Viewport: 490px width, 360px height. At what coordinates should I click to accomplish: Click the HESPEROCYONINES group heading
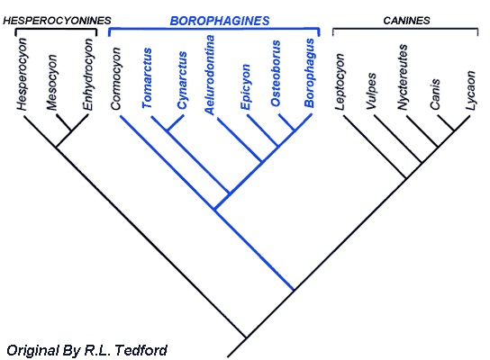point(57,21)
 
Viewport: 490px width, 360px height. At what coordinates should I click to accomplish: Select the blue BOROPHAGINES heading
point(220,21)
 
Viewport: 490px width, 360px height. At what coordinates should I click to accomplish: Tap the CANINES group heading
point(406,21)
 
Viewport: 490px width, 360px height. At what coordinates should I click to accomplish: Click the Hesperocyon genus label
point(22,74)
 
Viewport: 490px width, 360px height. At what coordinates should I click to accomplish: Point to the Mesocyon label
point(52,83)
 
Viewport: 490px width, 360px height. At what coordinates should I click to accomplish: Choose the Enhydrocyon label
point(87,74)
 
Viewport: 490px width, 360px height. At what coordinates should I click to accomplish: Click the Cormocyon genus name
point(115,78)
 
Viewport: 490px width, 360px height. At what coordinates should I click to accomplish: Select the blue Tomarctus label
point(147,78)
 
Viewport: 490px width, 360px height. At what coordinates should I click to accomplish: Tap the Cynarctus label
point(182,80)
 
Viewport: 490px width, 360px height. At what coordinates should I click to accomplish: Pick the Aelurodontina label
point(209,75)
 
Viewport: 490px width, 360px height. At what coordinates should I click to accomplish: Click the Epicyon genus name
point(245,86)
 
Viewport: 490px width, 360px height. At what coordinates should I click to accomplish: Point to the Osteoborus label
point(276,74)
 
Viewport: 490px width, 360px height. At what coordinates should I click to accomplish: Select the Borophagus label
point(309,73)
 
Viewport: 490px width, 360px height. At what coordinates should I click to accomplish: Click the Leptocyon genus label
point(339,82)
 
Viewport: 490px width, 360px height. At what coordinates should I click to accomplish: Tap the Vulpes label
point(371,91)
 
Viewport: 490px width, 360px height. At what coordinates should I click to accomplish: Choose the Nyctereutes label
point(403,76)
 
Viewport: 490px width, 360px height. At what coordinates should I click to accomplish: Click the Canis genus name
point(435,94)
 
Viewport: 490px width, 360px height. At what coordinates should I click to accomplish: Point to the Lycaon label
point(470,91)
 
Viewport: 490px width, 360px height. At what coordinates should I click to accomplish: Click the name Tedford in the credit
point(141,350)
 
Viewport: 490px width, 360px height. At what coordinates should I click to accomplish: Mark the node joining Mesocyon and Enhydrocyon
point(71,130)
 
